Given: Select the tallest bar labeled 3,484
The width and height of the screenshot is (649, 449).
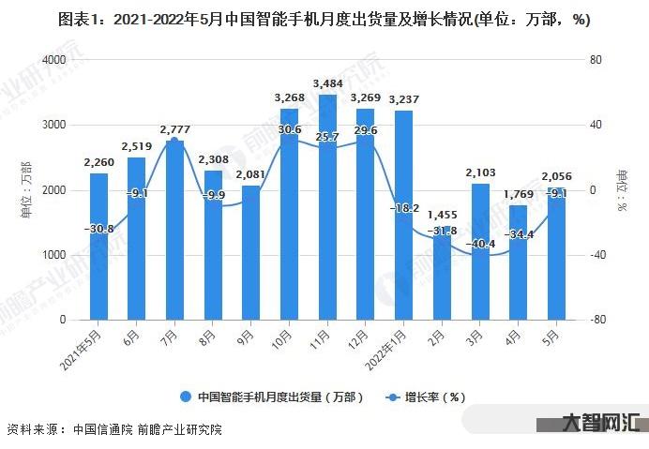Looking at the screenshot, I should point(327,206).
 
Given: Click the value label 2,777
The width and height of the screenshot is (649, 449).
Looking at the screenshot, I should point(174,128).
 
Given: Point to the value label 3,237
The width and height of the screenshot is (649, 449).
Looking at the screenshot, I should point(403,98).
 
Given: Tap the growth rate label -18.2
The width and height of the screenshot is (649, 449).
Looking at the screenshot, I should point(403,208).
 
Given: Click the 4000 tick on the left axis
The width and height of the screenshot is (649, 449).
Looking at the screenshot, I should point(53,60).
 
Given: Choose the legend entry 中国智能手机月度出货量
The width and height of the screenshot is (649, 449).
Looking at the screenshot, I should point(272,397).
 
